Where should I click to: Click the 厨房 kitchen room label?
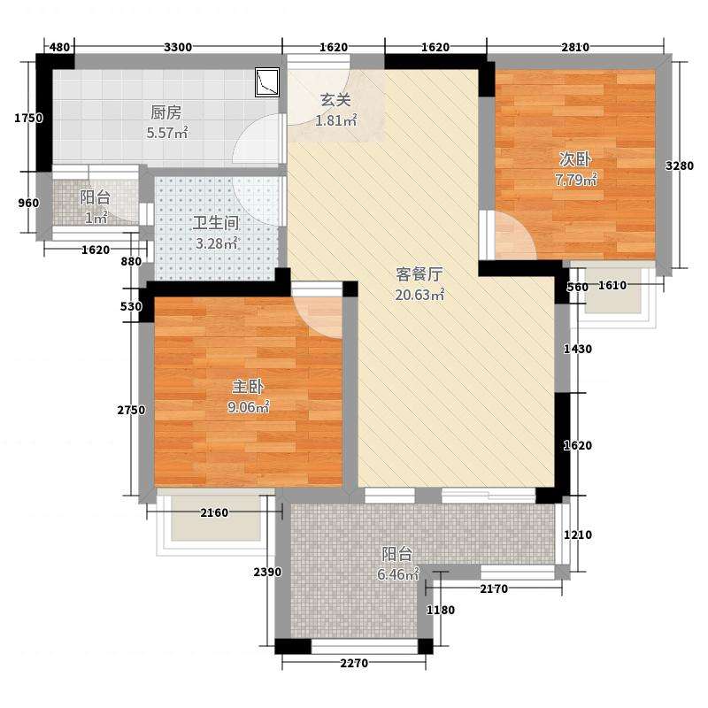(x=165, y=112)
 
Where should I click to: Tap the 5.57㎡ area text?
(x=167, y=133)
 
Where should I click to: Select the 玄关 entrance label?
(x=335, y=100)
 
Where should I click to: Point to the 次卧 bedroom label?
(x=575, y=159)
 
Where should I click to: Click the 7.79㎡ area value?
(x=576, y=180)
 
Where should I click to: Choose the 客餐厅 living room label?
(x=419, y=273)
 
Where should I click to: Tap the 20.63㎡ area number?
(x=419, y=295)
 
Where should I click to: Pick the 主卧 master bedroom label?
(x=248, y=387)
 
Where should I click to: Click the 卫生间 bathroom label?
(x=216, y=223)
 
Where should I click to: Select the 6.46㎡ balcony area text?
(x=397, y=573)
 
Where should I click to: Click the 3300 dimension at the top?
(x=178, y=47)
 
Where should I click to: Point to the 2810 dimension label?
(x=574, y=47)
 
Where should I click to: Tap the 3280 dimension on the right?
(x=680, y=165)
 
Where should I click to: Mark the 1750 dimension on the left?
(x=28, y=119)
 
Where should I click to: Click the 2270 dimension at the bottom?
(x=354, y=663)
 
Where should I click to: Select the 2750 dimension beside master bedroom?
(x=131, y=410)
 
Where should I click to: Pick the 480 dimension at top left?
(x=59, y=47)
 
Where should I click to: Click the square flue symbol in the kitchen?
(x=267, y=82)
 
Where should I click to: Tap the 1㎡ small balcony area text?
(x=96, y=218)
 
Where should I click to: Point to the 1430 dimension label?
(x=578, y=349)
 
